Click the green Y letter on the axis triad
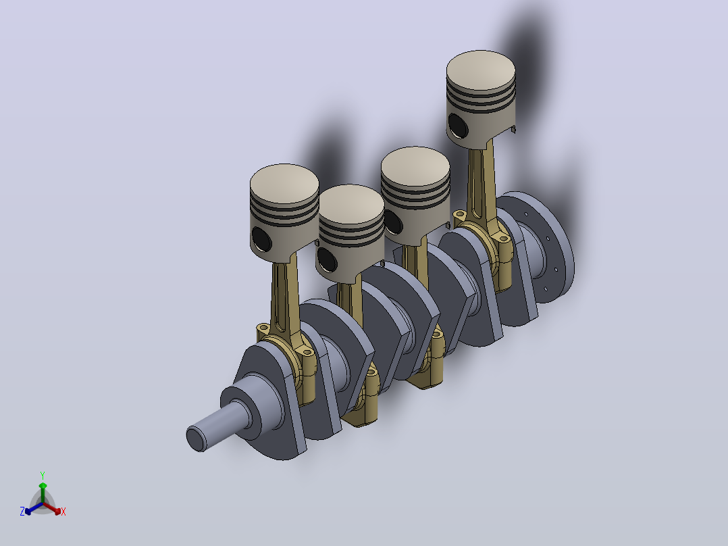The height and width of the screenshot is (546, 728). click(43, 475)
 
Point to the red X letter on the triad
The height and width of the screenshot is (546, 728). click(63, 512)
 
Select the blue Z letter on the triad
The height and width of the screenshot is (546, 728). click(22, 511)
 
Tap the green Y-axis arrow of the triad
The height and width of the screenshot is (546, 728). click(43, 493)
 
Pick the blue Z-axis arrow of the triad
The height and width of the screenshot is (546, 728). click(34, 508)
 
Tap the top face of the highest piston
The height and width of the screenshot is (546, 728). click(481, 70)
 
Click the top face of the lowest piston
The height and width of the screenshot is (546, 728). click(351, 204)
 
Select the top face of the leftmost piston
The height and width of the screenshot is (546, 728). click(284, 184)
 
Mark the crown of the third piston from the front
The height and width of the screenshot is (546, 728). click(415, 167)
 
